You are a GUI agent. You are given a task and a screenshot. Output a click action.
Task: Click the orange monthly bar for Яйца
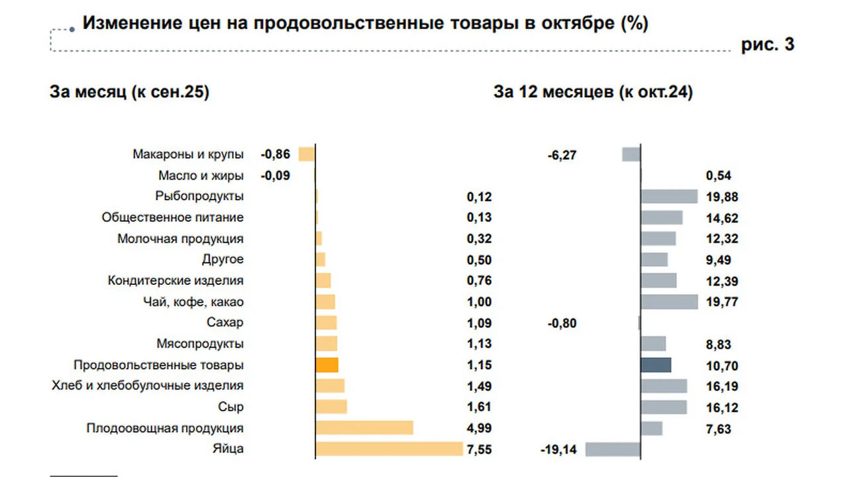pos(389,449)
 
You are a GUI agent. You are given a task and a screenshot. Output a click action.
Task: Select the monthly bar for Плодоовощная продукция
pos(364,428)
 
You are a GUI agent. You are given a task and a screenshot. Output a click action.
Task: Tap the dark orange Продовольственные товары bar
pos(327,365)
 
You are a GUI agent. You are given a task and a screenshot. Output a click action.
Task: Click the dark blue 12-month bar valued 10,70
pos(656,365)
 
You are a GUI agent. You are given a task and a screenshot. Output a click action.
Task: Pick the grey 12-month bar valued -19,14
pos(613,449)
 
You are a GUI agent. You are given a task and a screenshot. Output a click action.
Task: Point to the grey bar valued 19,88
pos(669,196)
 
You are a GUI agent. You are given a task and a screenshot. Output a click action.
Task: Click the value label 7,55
pos(479,450)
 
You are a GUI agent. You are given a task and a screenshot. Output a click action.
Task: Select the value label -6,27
pos(562,155)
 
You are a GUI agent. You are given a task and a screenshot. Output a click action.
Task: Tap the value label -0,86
pos(275,155)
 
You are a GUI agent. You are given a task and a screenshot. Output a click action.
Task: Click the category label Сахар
pos(225,323)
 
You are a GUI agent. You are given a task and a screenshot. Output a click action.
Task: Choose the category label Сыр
pos(231,407)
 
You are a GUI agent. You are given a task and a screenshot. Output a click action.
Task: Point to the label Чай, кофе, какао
pos(193,302)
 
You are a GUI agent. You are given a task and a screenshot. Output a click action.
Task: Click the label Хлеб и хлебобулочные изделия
pos(148,386)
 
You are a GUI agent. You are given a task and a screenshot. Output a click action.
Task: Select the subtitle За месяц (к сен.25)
pos(129,92)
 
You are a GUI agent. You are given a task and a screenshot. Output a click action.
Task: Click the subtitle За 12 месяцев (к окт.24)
pos(593,92)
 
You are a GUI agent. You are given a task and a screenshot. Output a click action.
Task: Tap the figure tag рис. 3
pos(767,44)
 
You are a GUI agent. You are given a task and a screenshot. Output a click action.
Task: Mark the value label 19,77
pos(722,302)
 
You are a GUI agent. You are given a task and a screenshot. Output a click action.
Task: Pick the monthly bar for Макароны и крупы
pos(307,154)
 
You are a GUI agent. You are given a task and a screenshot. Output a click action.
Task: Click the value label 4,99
pos(479,429)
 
